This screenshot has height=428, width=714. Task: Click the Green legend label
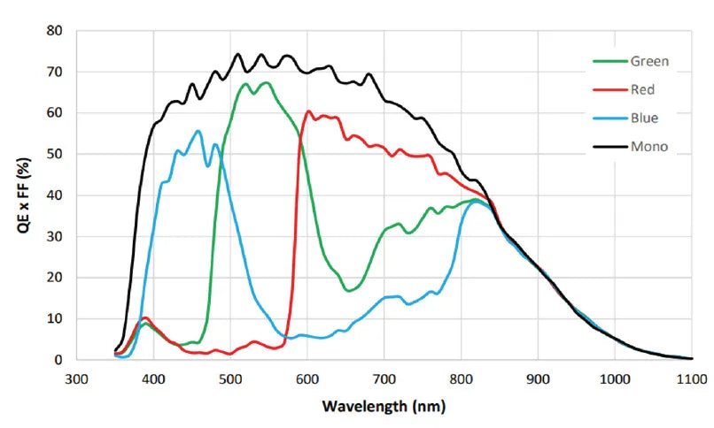tap(649, 61)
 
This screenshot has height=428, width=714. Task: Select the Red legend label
tap(643, 89)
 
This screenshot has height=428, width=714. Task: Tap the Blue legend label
tap(644, 118)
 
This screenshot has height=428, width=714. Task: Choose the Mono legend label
tap(648, 146)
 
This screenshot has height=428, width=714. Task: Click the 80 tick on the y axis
tap(55, 31)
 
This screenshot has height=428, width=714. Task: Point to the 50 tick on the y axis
tap(55, 154)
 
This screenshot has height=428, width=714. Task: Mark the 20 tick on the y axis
tap(55, 278)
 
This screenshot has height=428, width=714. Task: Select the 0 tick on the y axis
tap(58, 360)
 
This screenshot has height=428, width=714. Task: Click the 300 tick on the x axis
tap(77, 378)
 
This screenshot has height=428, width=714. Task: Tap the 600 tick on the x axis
tap(307, 378)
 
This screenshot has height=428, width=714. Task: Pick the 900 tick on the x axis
tap(539, 378)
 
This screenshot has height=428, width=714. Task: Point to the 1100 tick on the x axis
tap(692, 378)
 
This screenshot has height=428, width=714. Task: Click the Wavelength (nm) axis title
tap(384, 407)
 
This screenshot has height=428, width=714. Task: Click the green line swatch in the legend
tap(608, 62)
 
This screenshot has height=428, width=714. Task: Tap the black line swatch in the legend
tap(608, 146)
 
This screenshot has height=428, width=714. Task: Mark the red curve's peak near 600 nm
tap(308, 111)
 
